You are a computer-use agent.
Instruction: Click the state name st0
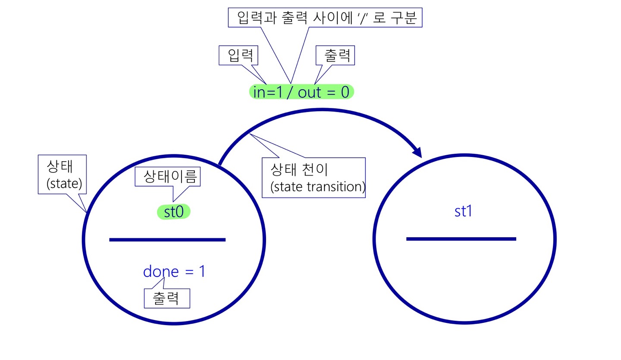pyautogui.click(x=173, y=212)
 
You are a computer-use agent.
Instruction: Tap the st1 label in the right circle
pyautogui.click(x=463, y=212)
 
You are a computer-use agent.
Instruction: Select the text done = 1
pyautogui.click(x=174, y=272)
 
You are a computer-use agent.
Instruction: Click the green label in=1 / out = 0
pyautogui.click(x=301, y=92)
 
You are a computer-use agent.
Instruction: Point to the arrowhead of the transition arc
pyautogui.click(x=417, y=152)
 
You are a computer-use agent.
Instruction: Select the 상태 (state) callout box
pyautogui.click(x=63, y=175)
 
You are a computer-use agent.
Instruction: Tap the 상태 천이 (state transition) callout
pyautogui.click(x=314, y=178)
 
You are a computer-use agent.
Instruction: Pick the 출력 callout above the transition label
pyautogui.click(x=336, y=56)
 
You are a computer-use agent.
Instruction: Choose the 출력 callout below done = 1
pyautogui.click(x=166, y=298)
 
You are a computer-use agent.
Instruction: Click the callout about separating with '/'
pyautogui.click(x=325, y=18)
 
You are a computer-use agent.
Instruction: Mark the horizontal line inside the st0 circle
pyautogui.click(x=167, y=240)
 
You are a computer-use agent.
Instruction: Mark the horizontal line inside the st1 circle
pyautogui.click(x=461, y=239)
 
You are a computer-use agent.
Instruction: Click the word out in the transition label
pyautogui.click(x=310, y=92)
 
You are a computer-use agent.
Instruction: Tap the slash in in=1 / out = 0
pyautogui.click(x=289, y=92)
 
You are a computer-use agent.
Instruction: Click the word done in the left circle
pyautogui.click(x=160, y=272)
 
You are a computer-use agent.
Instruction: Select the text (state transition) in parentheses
pyautogui.click(x=317, y=187)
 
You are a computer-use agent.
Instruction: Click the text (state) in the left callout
pyautogui.click(x=64, y=184)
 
